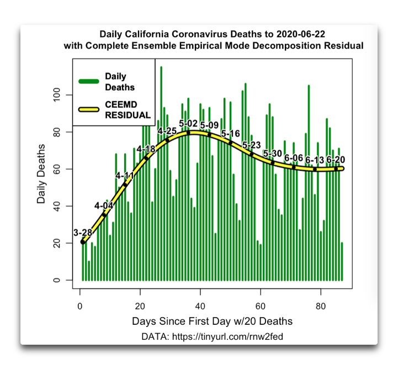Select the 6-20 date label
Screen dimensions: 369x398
[x=336, y=160]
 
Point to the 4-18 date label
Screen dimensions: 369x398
[x=146, y=149]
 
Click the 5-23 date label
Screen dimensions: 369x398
[x=251, y=145]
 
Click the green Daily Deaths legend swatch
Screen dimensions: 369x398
[x=88, y=82]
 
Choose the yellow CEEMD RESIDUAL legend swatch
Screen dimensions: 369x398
[x=88, y=109]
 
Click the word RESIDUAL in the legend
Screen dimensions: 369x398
[x=128, y=115]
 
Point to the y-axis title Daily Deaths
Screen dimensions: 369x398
[x=41, y=173]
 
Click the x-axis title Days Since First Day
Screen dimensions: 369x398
[x=212, y=321]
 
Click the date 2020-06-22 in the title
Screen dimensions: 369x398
[x=306, y=34]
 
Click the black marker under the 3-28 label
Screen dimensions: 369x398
[x=83, y=241]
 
